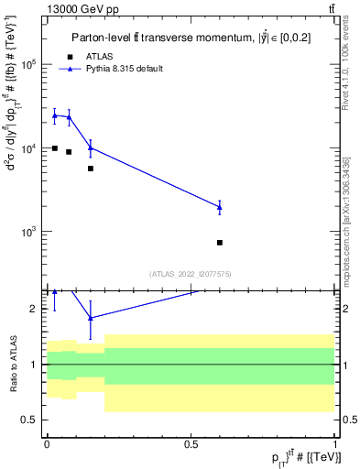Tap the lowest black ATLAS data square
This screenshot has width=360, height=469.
pos(220,243)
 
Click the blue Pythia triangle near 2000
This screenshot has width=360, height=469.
pos(220,207)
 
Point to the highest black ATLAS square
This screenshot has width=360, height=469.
pos(55,148)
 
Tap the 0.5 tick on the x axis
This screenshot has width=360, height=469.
pos(191,444)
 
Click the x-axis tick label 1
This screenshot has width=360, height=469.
pos(335,444)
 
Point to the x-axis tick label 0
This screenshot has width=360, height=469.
pos(47,444)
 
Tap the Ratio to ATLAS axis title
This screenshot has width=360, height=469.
pos(13,364)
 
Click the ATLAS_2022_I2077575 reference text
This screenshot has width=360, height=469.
pos(191,273)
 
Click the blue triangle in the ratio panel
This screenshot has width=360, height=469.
pos(90,317)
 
